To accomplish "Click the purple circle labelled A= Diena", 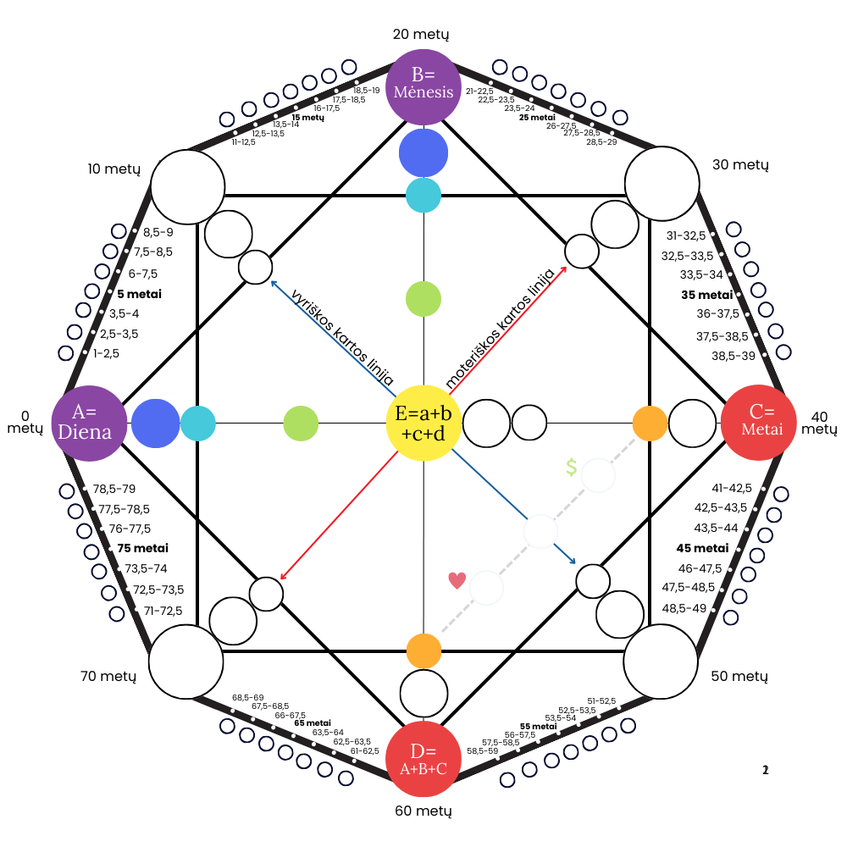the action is point(89,423).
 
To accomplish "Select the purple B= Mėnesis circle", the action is point(423,87).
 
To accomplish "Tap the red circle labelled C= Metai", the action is point(759,423).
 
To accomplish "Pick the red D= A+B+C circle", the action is point(423,759).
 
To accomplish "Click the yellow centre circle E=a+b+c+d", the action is point(423,423).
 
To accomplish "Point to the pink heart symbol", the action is point(457,580).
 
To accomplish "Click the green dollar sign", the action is point(572,467).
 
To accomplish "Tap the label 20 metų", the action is point(421,35).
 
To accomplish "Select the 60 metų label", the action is point(423,811).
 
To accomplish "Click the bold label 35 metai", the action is point(706,295).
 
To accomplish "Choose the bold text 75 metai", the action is point(142,548).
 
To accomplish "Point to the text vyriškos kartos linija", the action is point(342,337).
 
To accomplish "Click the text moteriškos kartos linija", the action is point(500,328).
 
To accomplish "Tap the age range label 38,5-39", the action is point(733,356).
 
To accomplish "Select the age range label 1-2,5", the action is point(106,353).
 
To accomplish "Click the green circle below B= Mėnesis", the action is point(423,299).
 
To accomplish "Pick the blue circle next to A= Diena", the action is point(156,423).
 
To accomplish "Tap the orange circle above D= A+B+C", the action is point(423,650).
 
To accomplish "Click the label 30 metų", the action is point(740,165).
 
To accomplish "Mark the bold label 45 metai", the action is point(702,548).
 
